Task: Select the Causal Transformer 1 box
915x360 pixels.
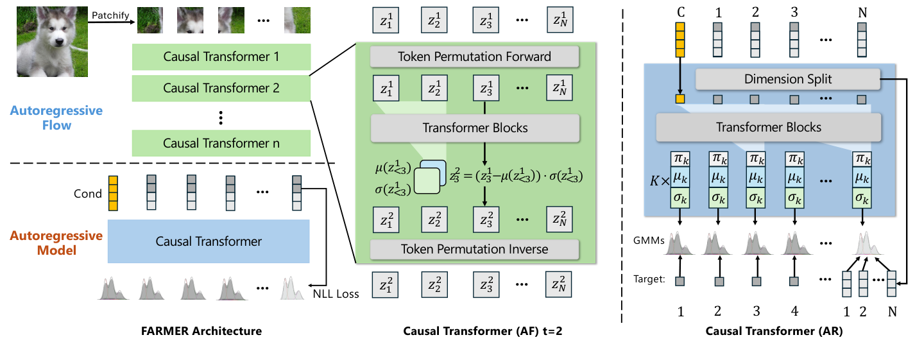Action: [x=221, y=57]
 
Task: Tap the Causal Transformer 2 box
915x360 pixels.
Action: [x=221, y=88]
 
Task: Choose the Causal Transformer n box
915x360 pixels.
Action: [x=221, y=143]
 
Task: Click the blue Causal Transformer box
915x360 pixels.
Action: [x=209, y=241]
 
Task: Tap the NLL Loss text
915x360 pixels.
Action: [x=336, y=294]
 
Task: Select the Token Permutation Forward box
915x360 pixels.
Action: [x=474, y=56]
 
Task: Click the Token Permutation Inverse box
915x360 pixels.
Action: [x=474, y=248]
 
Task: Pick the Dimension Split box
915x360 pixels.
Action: [x=788, y=79]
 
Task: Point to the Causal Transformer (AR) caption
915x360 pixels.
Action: [x=773, y=331]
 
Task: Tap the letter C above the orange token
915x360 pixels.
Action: [x=681, y=12]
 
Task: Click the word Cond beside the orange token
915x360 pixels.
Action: [x=87, y=194]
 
